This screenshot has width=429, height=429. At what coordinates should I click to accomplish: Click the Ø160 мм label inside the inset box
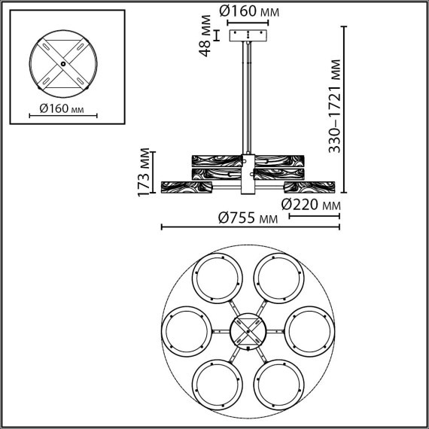pos(58,110)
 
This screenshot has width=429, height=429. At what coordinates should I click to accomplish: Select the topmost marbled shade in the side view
pos(248,159)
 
